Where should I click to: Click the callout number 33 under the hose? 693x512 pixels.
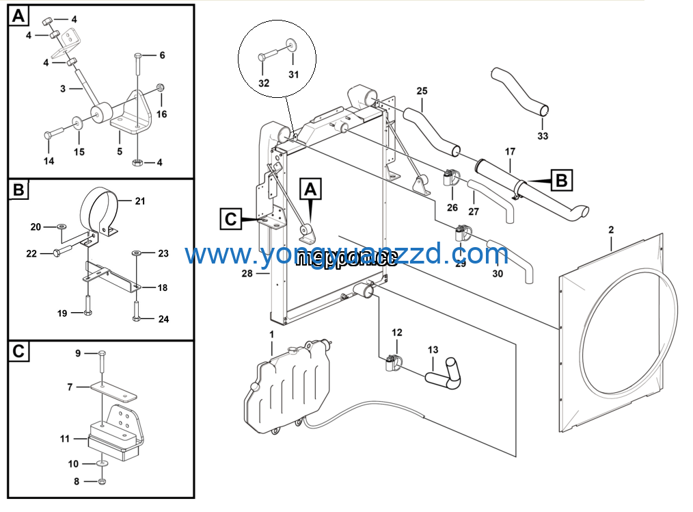click(x=542, y=136)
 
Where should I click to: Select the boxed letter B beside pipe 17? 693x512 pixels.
click(x=561, y=181)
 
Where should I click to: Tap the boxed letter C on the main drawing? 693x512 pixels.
click(x=231, y=219)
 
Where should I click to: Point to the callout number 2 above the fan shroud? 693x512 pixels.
click(x=610, y=231)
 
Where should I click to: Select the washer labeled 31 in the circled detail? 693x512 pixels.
click(x=292, y=45)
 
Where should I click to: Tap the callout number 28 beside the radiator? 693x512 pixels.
click(x=247, y=274)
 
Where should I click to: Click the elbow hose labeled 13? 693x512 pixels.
click(x=443, y=372)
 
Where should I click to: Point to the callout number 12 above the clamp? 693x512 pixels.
click(x=397, y=333)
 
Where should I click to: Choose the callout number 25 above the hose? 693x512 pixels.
click(x=422, y=91)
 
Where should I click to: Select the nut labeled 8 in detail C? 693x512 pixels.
click(x=101, y=482)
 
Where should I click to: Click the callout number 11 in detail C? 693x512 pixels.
click(x=65, y=439)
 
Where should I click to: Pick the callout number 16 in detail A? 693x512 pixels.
click(x=161, y=114)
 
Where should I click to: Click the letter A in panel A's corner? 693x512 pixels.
click(x=19, y=16)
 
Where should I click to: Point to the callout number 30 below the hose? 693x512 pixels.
click(x=498, y=274)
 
